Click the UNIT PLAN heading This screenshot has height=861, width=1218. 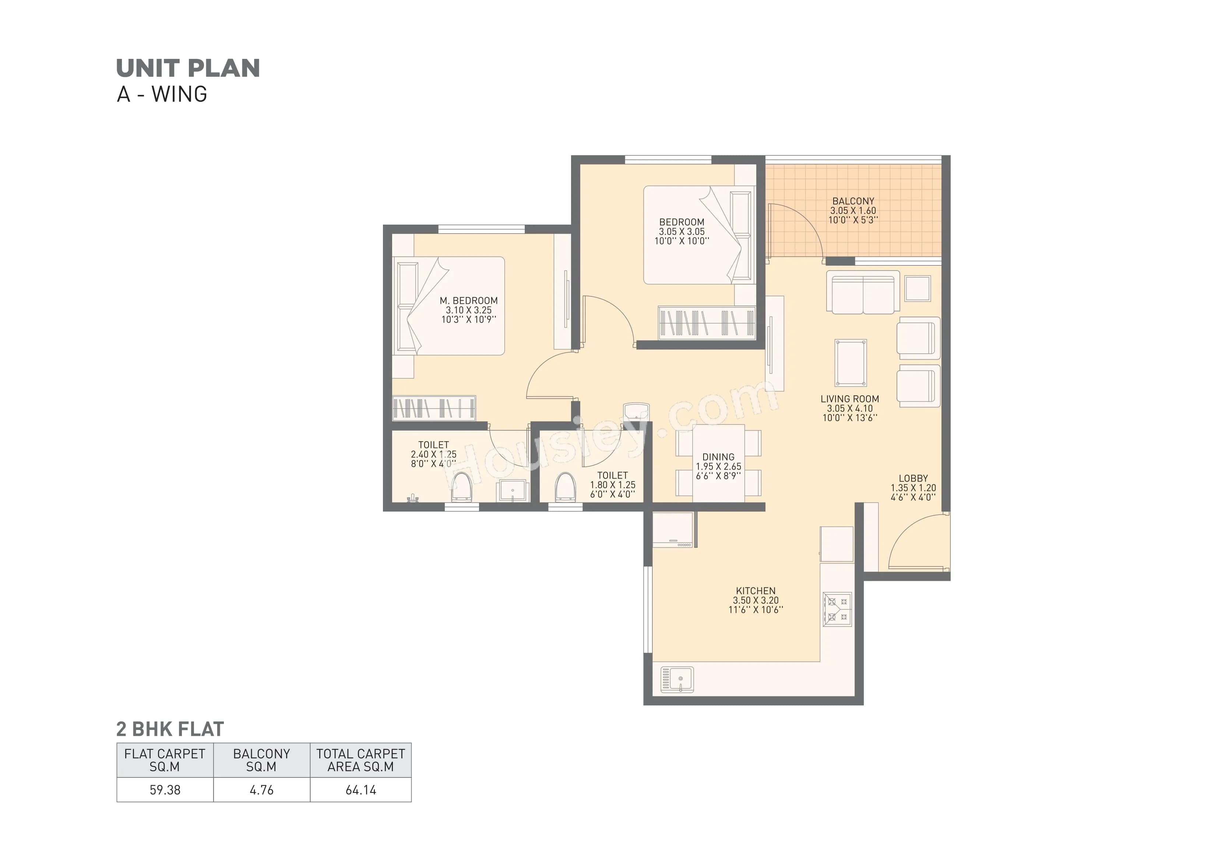(x=188, y=68)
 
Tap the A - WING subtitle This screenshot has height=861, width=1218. (x=162, y=95)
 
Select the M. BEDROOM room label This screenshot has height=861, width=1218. (x=468, y=301)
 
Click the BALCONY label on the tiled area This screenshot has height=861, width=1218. (x=853, y=201)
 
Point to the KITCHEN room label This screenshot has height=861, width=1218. (x=756, y=591)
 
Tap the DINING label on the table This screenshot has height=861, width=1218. (x=718, y=457)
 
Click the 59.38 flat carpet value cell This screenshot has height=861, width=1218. (x=165, y=790)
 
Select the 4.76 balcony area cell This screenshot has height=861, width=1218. (x=261, y=790)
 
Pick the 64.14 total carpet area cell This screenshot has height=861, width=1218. (x=361, y=790)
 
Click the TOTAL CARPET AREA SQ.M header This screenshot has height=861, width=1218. (x=361, y=760)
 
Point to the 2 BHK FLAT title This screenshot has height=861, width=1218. (x=170, y=730)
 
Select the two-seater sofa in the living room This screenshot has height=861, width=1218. (x=863, y=292)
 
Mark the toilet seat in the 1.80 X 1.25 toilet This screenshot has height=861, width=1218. (x=566, y=487)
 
